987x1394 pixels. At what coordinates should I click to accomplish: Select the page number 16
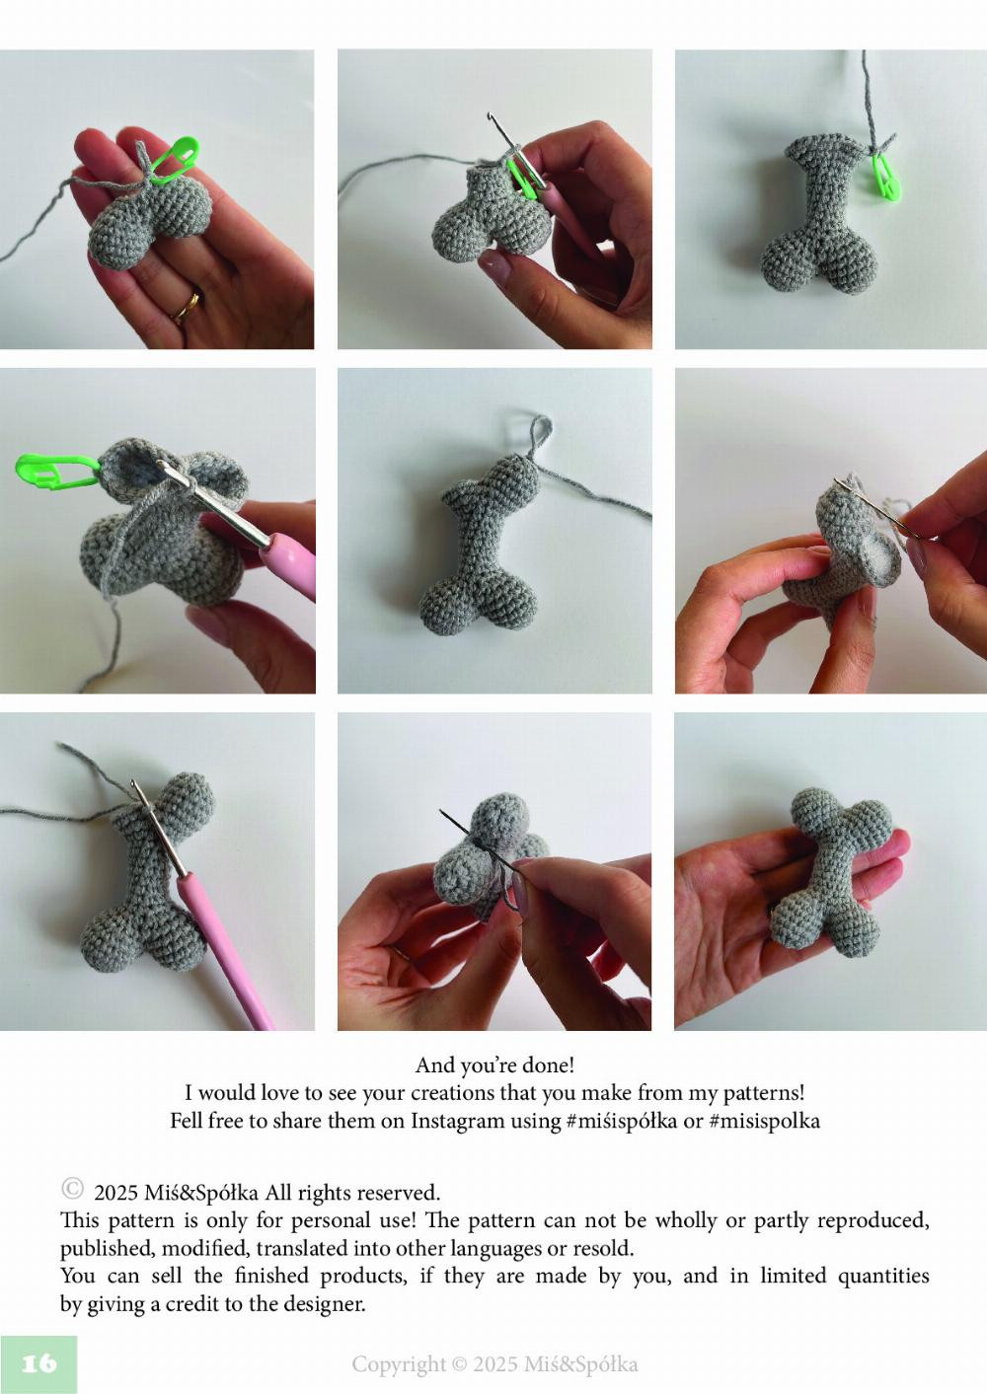tap(38, 1363)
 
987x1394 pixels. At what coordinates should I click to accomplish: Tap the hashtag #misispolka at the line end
tap(764, 1121)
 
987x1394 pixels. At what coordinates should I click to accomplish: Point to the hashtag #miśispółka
tap(621, 1121)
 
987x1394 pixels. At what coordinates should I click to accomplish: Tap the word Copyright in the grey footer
tap(398, 1364)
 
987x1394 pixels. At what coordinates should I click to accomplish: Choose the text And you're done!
tap(494, 1065)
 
